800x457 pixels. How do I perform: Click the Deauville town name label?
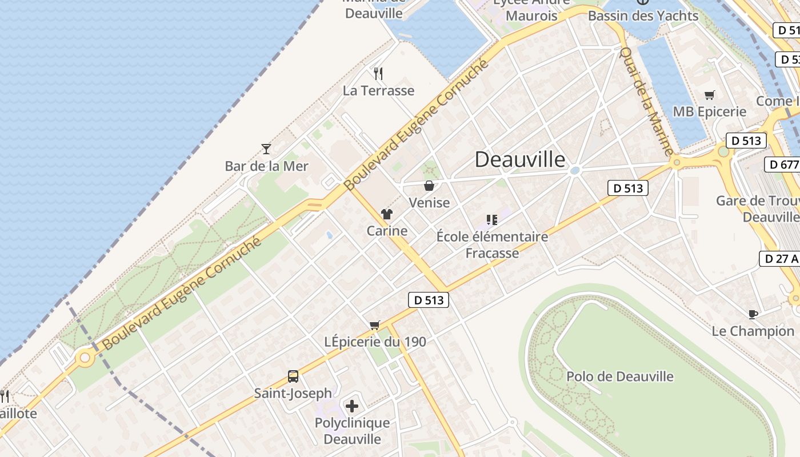pyautogui.click(x=520, y=159)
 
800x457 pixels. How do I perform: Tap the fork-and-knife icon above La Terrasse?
pyautogui.click(x=378, y=73)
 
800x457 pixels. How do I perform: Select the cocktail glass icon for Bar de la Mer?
pyautogui.click(x=266, y=149)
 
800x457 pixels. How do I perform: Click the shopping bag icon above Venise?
pyautogui.click(x=429, y=186)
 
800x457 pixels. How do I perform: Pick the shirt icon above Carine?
pyautogui.click(x=387, y=214)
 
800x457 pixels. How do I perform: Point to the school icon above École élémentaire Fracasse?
pyautogui.click(x=491, y=219)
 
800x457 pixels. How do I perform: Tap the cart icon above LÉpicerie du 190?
pyautogui.click(x=375, y=325)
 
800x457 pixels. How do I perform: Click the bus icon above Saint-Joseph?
pyautogui.click(x=293, y=376)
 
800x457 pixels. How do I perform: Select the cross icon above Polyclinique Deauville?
pyautogui.click(x=352, y=406)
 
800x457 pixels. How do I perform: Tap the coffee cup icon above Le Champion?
pyautogui.click(x=753, y=314)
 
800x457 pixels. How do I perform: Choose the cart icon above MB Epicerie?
pyautogui.click(x=709, y=95)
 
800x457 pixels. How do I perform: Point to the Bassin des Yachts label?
pyautogui.click(x=643, y=15)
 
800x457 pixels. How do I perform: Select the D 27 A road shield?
pyautogui.click(x=779, y=258)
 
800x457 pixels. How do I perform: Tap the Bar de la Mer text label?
pyautogui.click(x=266, y=166)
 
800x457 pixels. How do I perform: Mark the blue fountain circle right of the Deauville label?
pyautogui.click(x=575, y=170)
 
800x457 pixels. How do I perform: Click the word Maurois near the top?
pyautogui.click(x=531, y=15)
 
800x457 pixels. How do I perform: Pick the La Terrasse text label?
pyautogui.click(x=378, y=90)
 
